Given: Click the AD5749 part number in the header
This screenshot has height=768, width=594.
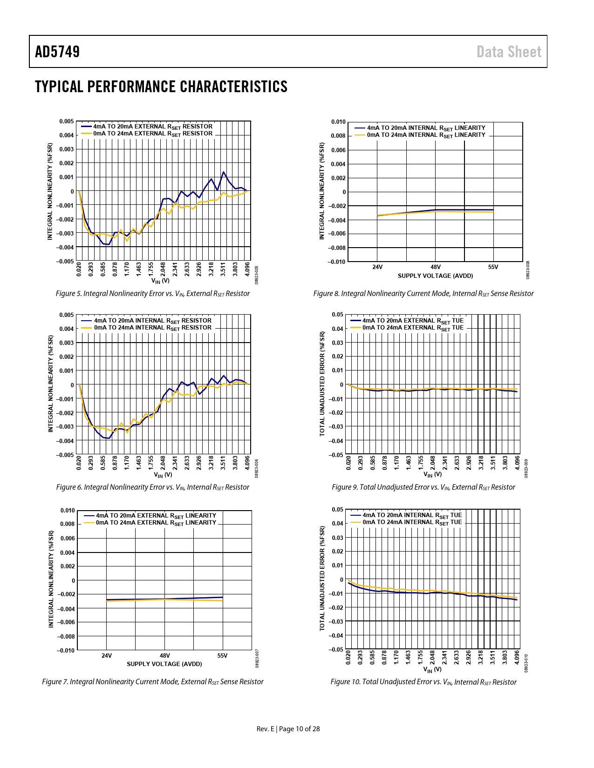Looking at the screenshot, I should coord(57,52).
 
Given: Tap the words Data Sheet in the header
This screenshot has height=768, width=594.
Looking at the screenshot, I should coord(509,52).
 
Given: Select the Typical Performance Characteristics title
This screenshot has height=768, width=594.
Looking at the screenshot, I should coord(161,87).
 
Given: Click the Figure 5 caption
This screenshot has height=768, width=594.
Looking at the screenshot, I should coord(152,294).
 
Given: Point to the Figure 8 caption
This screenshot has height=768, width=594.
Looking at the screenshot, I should coord(423,294).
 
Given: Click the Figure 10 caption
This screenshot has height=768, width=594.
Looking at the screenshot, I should coord(423,682).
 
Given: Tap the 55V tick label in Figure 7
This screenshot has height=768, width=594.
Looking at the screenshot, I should coord(222,656).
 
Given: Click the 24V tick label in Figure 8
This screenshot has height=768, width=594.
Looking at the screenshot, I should coord(377,267).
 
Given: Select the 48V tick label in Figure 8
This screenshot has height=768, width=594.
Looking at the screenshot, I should coord(435,267).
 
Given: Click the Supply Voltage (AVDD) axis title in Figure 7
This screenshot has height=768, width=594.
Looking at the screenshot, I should coord(164,664).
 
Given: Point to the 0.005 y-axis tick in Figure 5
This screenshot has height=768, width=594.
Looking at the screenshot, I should coord(66,121).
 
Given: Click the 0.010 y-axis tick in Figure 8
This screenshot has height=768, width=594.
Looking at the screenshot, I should coord(338,122).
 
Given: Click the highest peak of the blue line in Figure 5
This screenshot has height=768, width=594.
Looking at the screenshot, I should coord(224,172).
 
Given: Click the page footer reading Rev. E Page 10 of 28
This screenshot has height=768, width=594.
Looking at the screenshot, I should coord(288,729).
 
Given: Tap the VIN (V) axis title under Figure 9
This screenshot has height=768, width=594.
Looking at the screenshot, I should coord(432,474).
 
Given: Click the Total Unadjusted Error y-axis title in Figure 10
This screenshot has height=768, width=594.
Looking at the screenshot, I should coord(322,579).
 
